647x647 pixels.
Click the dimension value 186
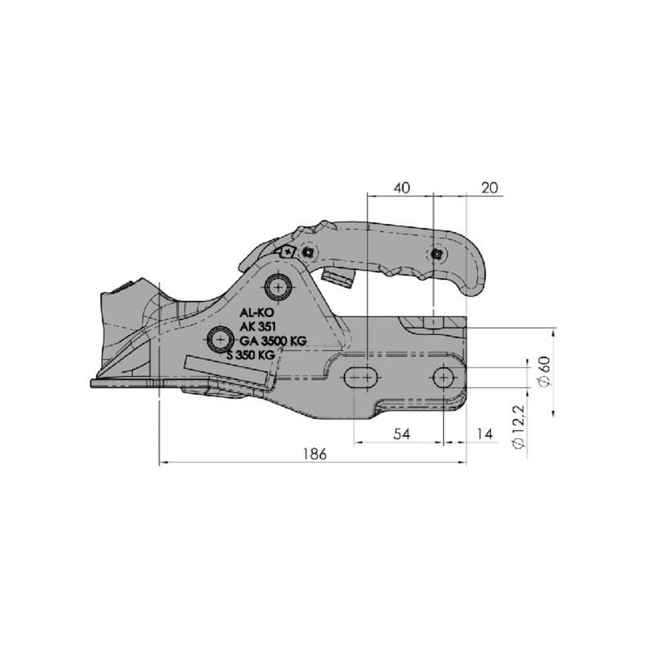click(315, 454)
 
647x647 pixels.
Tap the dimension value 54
click(401, 434)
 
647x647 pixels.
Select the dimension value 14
click(484, 434)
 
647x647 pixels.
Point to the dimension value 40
click(402, 188)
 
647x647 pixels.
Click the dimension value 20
click(490, 188)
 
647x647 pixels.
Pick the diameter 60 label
click(544, 371)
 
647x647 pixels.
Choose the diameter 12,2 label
click(518, 427)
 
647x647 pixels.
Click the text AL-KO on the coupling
click(256, 312)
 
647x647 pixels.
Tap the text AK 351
click(257, 327)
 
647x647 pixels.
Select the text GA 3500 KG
click(273, 340)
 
